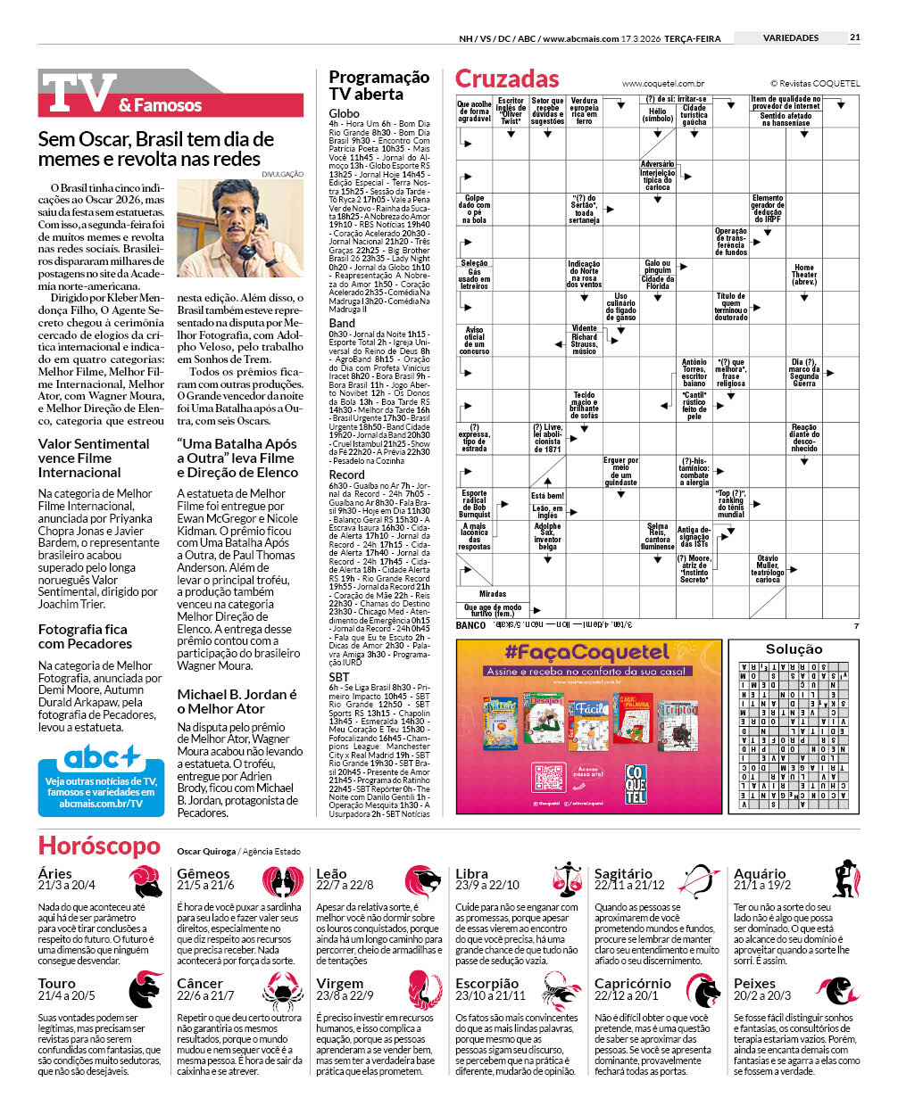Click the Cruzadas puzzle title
pos(507,78)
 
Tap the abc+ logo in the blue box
pos(101,759)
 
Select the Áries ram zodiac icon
pos(145,880)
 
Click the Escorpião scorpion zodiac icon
pos(561,990)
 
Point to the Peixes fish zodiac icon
pos(841,990)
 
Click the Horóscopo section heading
pos(99,846)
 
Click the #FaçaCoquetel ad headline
pos(586,652)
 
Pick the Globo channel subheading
pos(344,113)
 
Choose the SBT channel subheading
pos(339,677)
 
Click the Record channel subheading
pos(346,475)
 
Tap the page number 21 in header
pos(854,37)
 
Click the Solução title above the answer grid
pos(794,649)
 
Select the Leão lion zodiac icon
pos(423,880)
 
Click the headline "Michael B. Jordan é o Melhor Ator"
pos(237,701)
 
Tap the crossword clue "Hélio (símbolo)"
pos(657,115)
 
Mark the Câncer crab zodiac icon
pos(284,990)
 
